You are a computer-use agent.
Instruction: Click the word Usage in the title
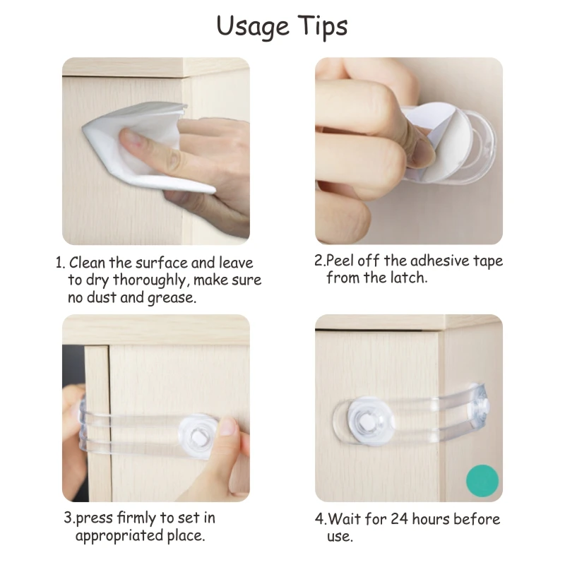(x=253, y=27)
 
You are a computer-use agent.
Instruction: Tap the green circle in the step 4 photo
(x=482, y=481)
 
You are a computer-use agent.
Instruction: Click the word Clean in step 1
(x=88, y=263)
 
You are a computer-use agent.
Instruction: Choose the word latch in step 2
(x=408, y=278)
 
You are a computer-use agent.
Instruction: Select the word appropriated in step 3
(x=119, y=536)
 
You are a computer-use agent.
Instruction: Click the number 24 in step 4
(x=399, y=519)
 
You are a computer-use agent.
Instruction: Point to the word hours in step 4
(x=431, y=519)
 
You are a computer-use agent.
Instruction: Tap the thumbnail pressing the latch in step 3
(x=227, y=427)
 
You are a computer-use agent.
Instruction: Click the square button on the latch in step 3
(x=199, y=436)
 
